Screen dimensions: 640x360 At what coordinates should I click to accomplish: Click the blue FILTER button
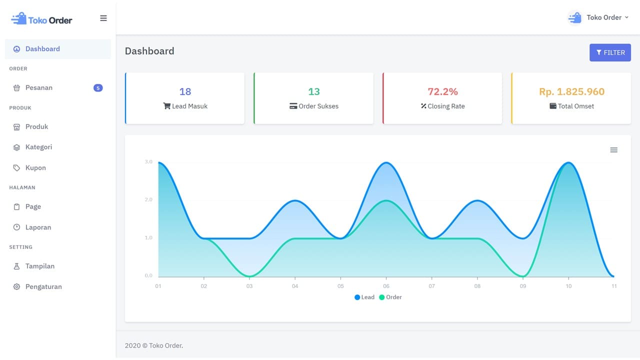pos(610,52)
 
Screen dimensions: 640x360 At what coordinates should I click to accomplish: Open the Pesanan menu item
pos(39,87)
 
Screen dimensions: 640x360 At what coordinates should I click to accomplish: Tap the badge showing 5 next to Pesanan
pos(98,88)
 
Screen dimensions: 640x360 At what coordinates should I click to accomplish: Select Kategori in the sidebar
pos(38,147)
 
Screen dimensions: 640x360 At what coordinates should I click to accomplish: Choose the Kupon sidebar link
pos(35,167)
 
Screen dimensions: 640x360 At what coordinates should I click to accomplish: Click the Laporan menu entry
pos(38,227)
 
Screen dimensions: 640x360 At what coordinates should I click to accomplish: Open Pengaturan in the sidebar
pos(43,286)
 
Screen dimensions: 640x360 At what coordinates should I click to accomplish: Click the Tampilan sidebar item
pos(39,266)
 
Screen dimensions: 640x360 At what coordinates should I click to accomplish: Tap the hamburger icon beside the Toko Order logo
pos(103,18)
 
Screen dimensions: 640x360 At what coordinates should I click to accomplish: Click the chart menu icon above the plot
pos(613,150)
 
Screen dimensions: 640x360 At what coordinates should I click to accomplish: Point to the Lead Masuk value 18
pos(185,91)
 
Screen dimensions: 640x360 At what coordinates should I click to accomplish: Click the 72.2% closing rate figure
pos(442,91)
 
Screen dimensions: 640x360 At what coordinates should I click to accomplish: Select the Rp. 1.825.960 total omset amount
pos(571,91)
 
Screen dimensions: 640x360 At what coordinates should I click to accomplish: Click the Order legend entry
pos(390,297)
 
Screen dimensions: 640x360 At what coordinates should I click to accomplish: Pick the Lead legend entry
pos(364,297)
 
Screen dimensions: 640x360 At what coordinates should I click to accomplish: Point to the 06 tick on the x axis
pos(386,286)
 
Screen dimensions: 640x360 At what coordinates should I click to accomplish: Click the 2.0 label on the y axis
pos(148,199)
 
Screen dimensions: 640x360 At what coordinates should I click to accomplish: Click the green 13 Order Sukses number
pos(313,91)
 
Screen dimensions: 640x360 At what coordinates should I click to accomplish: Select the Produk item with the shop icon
pos(36,126)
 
